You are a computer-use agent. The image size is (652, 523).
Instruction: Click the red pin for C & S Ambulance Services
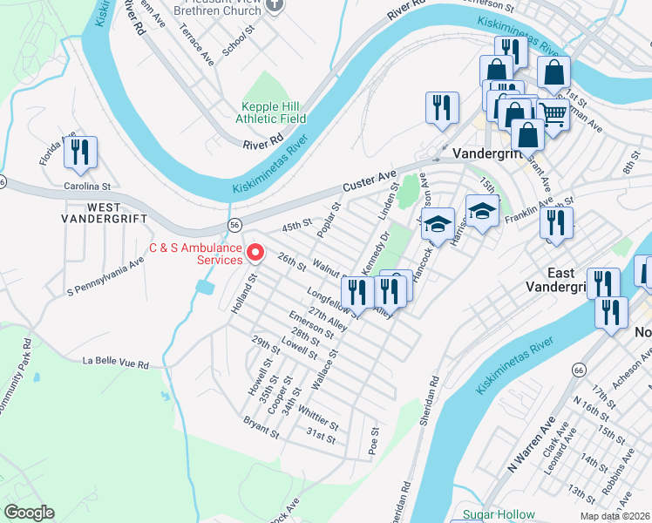pyautogui.click(x=255, y=252)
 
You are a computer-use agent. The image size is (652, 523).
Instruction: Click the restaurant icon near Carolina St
pyautogui.click(x=79, y=153)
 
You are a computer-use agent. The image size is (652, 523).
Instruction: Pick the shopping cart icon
pyautogui.click(x=552, y=113)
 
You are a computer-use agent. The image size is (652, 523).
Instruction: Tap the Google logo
pyautogui.click(x=29, y=513)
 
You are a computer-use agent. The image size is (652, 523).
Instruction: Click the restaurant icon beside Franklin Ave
pyautogui.click(x=555, y=223)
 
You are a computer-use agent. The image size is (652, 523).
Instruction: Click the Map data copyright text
pyautogui.click(x=615, y=516)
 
